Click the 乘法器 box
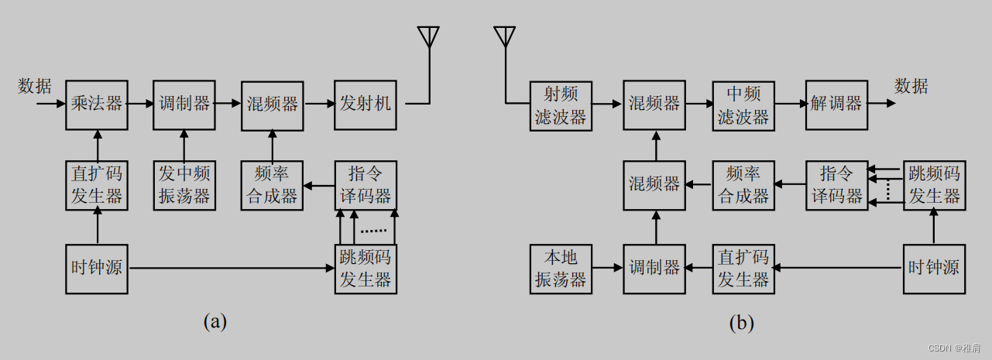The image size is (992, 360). pos(97,104)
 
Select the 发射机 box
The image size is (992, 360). pos(366,104)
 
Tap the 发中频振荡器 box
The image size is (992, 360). pos(184,184)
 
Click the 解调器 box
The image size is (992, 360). pos(836,104)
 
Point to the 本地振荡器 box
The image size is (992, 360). pos(561,268)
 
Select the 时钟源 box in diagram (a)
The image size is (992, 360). pos(97,269)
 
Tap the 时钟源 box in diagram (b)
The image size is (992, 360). pos(933,268)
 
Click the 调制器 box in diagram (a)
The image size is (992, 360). pos(184,104)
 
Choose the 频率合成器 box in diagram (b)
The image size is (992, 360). pos(743,184)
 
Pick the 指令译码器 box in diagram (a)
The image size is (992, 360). pos(366,184)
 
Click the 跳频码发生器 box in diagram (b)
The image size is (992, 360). pos(933,184)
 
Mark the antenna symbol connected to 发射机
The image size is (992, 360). pos(428,38)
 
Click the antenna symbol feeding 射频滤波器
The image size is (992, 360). pos(504,38)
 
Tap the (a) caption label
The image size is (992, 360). pos(215,321)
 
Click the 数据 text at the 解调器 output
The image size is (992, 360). pos(911,86)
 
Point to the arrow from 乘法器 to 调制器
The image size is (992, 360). pos(140,103)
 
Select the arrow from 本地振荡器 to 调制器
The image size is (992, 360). pos(608,268)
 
